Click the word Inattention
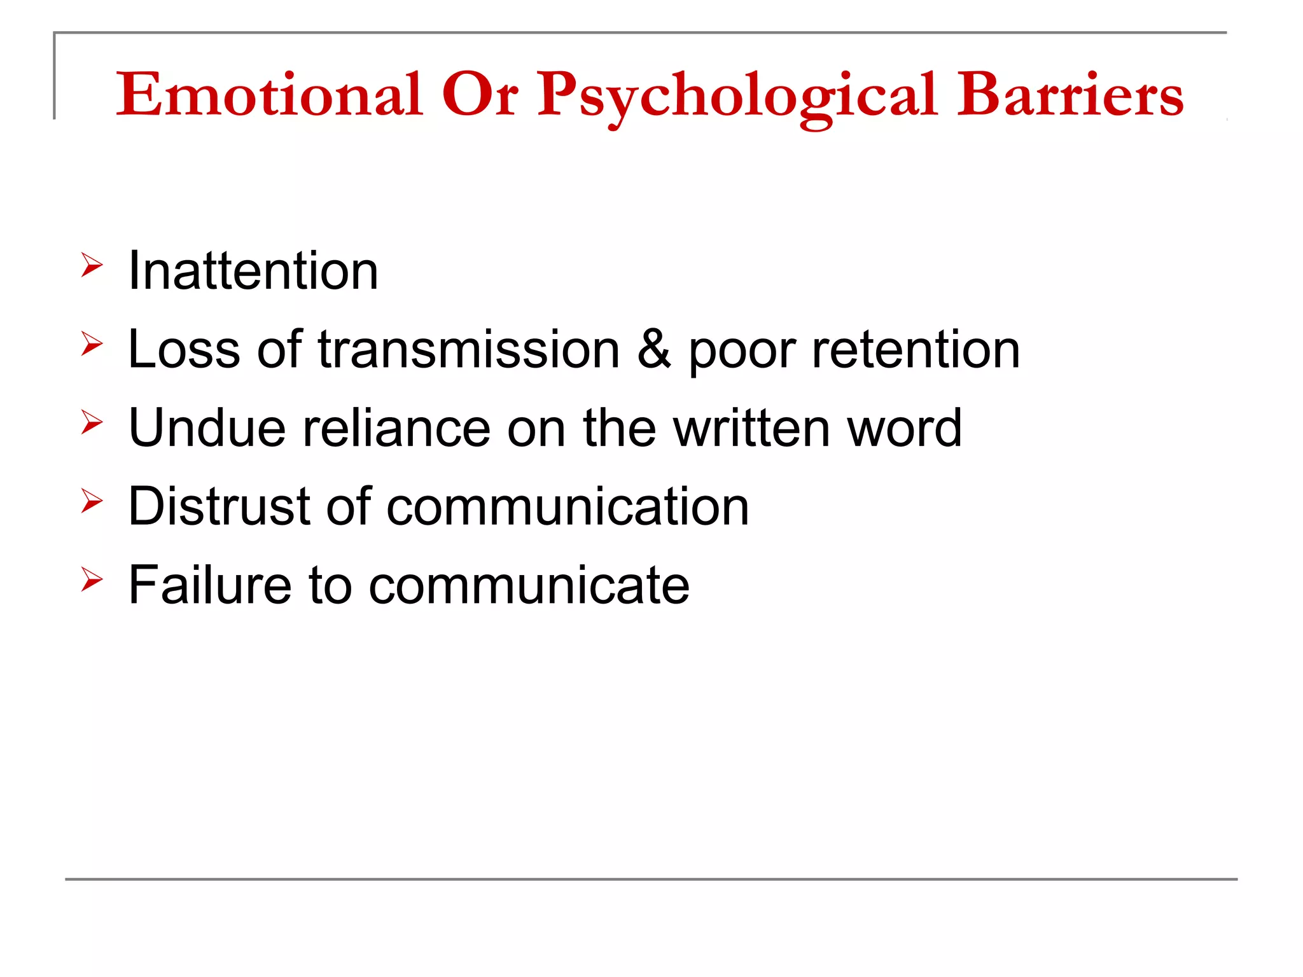coord(253,271)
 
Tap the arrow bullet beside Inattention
coord(92,265)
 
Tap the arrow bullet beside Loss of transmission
coord(92,344)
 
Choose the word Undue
coord(207,428)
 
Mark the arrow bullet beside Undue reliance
coord(92,423)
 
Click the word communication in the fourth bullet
coord(568,507)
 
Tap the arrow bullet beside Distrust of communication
coord(92,501)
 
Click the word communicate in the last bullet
coord(529,585)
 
